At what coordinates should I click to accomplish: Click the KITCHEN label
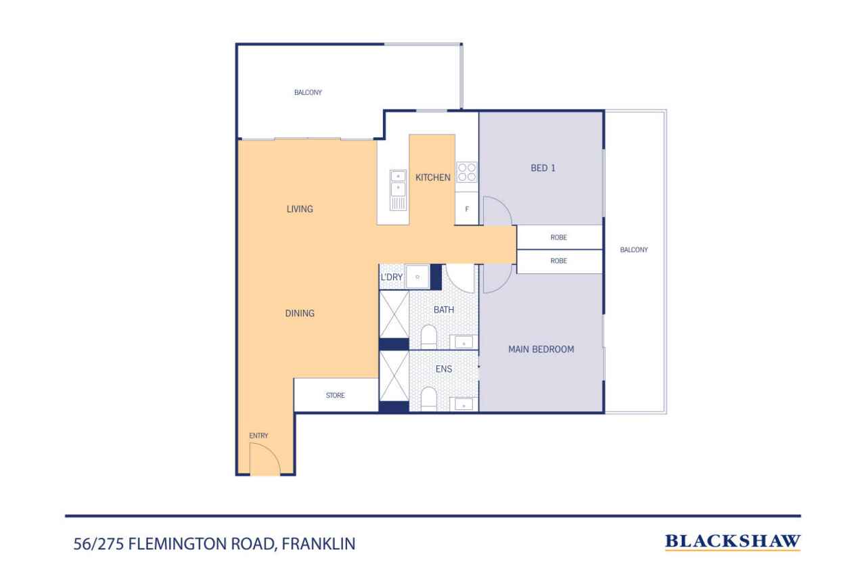(432, 177)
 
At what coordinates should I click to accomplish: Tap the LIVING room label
(300, 209)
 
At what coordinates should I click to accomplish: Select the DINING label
(300, 313)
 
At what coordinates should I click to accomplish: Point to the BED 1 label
(543, 168)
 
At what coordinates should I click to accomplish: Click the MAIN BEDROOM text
(541, 350)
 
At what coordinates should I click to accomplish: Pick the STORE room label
(335, 395)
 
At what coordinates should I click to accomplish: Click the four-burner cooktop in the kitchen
(466, 172)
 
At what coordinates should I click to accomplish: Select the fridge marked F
(466, 208)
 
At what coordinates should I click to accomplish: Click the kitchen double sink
(398, 190)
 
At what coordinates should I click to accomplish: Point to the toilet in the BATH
(429, 336)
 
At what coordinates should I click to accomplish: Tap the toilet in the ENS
(429, 398)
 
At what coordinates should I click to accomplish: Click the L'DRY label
(392, 277)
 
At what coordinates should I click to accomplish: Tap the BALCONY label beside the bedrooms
(633, 250)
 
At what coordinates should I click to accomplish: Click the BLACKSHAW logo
(733, 541)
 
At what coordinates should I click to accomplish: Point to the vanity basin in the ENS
(463, 405)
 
